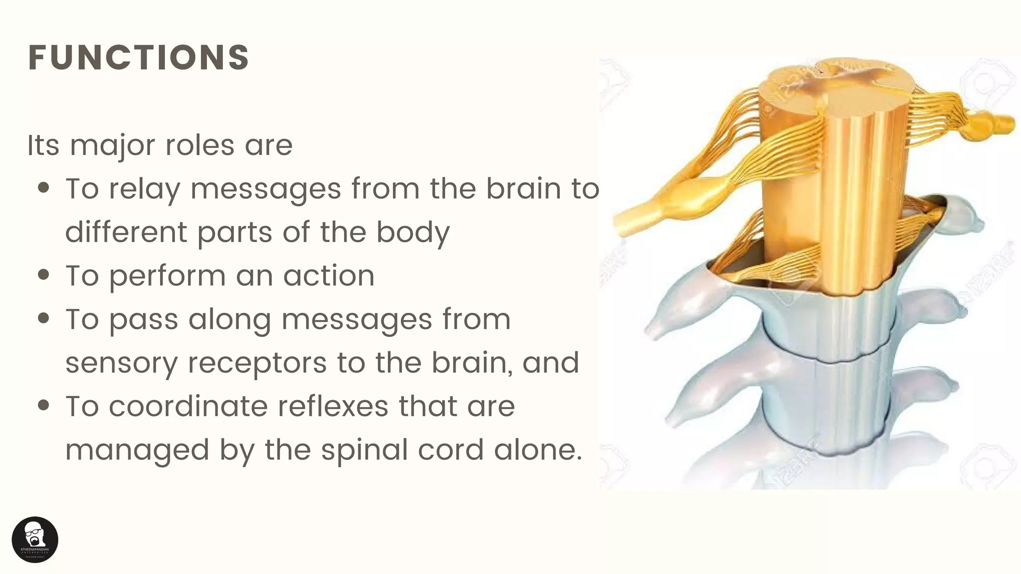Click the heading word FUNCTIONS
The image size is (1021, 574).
point(139,58)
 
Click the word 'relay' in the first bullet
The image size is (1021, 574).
point(145,190)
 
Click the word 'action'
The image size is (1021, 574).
point(329,276)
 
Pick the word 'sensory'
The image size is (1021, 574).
point(121,364)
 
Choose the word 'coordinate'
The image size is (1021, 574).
point(188,406)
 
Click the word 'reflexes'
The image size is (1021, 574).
point(333,406)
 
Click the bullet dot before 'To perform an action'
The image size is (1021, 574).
point(44,275)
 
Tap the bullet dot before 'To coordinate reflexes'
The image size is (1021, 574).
point(44,406)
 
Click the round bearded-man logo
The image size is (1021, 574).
point(35,540)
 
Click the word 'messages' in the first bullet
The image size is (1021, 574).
point(266,190)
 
